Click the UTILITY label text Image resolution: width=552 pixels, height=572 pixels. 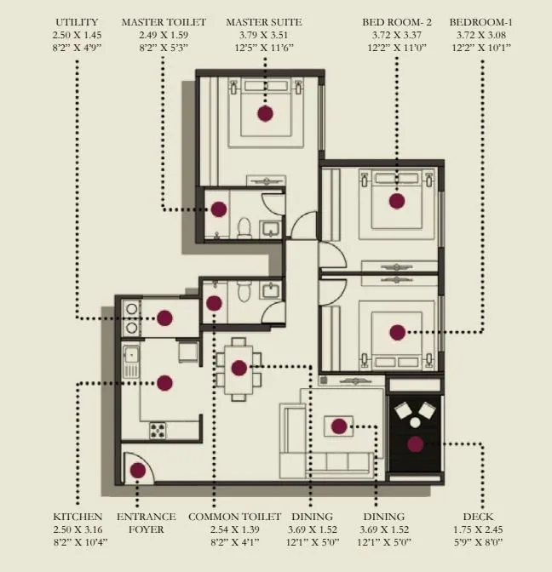point(76,21)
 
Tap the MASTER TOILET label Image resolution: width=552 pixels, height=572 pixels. point(161,21)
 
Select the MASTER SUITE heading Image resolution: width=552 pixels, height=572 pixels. point(264,21)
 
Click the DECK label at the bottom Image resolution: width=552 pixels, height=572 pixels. point(478,517)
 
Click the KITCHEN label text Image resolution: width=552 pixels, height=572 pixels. point(78,517)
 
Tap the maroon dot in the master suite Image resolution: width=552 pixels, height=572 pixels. point(265,112)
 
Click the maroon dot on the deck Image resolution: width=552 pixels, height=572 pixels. point(415,443)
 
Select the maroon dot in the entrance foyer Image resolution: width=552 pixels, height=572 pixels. point(137,469)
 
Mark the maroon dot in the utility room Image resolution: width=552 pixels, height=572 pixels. point(164,317)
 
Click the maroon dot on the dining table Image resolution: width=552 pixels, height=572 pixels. point(239,368)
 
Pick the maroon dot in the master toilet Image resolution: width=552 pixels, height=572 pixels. point(219,209)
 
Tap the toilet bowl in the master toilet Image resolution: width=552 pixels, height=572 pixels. point(244,228)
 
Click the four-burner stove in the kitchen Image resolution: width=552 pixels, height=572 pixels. point(158,431)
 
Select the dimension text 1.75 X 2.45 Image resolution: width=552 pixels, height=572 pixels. point(478,529)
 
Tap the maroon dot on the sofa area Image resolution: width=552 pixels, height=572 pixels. point(339,426)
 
